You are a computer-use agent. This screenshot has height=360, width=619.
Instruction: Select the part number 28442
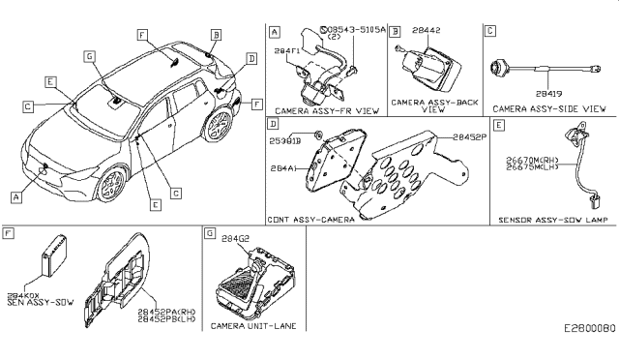427,32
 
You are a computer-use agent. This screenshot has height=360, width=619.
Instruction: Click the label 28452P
468,137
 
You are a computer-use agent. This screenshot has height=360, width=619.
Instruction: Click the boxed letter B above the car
216,34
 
